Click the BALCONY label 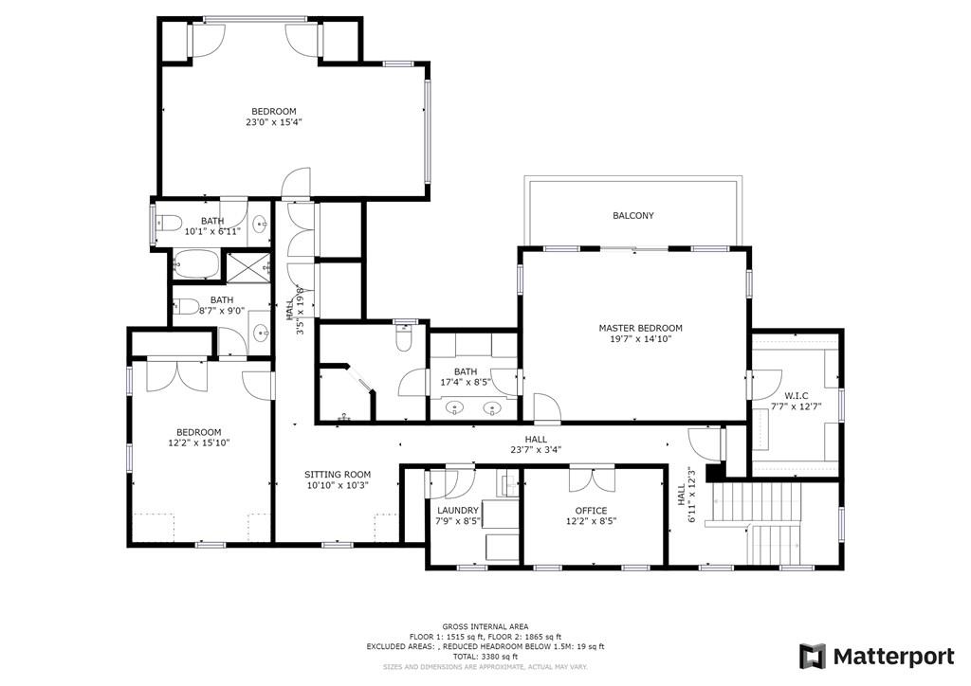pyautogui.click(x=632, y=216)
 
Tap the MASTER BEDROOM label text pyautogui.click(x=640, y=329)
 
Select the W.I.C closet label pyautogui.click(x=796, y=396)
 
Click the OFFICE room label pyautogui.click(x=591, y=511)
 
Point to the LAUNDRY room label pyautogui.click(x=458, y=511)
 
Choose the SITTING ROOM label pyautogui.click(x=338, y=475)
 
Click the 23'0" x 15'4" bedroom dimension pyautogui.click(x=274, y=122)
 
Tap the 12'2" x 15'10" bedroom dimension pyautogui.click(x=199, y=442)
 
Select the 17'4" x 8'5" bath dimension pyautogui.click(x=466, y=382)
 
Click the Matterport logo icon pyautogui.click(x=813, y=657)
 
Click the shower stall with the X pyautogui.click(x=246, y=267)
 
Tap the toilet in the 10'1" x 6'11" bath pyautogui.click(x=167, y=223)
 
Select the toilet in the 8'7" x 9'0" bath pyautogui.click(x=186, y=306)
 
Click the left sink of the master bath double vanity pyautogui.click(x=456, y=408)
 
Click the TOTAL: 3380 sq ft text pyautogui.click(x=485, y=657)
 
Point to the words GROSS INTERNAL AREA pyautogui.click(x=485, y=626)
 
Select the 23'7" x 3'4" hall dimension pyautogui.click(x=537, y=450)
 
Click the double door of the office pyautogui.click(x=593, y=478)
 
